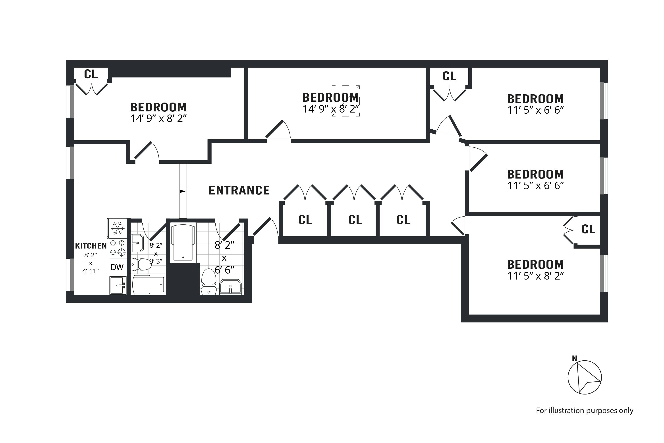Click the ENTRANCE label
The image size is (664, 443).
point(239,190)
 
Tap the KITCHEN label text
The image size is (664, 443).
point(91,246)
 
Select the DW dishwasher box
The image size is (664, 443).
point(117,267)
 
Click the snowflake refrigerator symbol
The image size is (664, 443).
point(118,228)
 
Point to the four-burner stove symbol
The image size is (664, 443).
point(118,248)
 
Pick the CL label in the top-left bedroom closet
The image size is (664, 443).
point(91,74)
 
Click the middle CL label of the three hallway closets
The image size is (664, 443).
point(355,220)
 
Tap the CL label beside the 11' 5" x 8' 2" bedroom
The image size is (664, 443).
point(588,229)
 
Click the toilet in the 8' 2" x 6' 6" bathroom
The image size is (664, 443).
point(209,282)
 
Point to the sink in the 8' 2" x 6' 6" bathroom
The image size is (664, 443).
point(230,287)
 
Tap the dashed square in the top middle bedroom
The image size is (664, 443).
point(346,101)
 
